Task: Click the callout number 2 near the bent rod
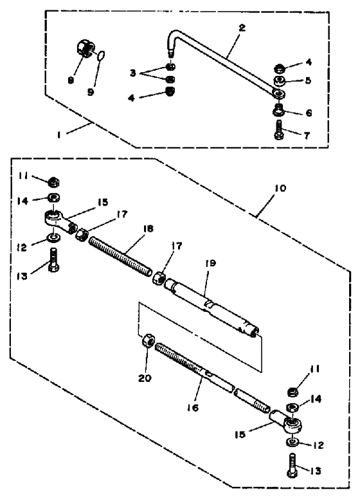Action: pos(242,28)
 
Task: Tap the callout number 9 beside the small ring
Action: pos(91,93)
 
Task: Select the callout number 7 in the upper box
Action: pos(307,136)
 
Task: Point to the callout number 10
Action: pos(280,188)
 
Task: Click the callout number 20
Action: pos(145,378)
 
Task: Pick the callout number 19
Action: pos(210,263)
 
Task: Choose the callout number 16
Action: pos(193,407)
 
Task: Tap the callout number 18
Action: pos(148,228)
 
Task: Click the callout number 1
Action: pos(59,135)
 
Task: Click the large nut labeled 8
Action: pos(85,48)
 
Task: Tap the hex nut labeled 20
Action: pos(148,341)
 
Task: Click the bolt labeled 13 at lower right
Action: pos(293,466)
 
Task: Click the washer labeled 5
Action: pos(279,80)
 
